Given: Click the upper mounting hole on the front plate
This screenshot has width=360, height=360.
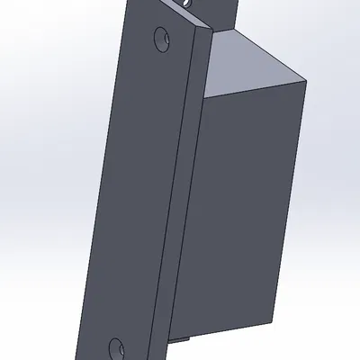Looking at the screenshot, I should tap(162, 39).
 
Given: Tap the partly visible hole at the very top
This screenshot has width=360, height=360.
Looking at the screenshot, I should tap(187, 4).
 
